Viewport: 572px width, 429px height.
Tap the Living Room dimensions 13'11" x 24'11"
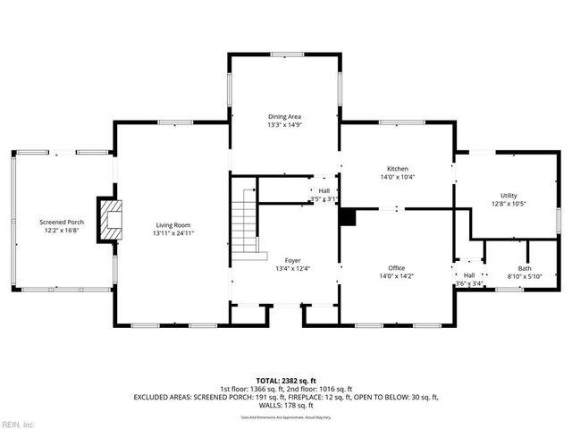click(x=173, y=233)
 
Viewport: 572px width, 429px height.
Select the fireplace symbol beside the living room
click(x=110, y=218)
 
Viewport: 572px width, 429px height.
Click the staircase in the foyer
click(x=244, y=224)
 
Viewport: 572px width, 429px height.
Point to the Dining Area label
click(x=284, y=117)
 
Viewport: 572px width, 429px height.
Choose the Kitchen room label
click(x=397, y=169)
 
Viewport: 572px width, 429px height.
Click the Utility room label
click(x=508, y=196)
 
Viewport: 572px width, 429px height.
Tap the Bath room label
click(x=524, y=268)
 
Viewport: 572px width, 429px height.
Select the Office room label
click(x=397, y=268)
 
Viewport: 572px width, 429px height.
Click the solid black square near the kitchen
click(x=348, y=216)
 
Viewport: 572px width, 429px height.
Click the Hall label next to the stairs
click(x=324, y=190)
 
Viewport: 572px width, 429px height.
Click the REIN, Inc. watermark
click(x=18, y=423)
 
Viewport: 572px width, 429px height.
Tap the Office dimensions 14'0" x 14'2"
click(x=397, y=276)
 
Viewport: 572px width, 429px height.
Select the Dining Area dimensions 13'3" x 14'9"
click(x=284, y=125)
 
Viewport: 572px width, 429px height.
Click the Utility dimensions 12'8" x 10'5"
click(x=508, y=204)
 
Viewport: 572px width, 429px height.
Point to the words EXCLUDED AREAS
click(x=164, y=396)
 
